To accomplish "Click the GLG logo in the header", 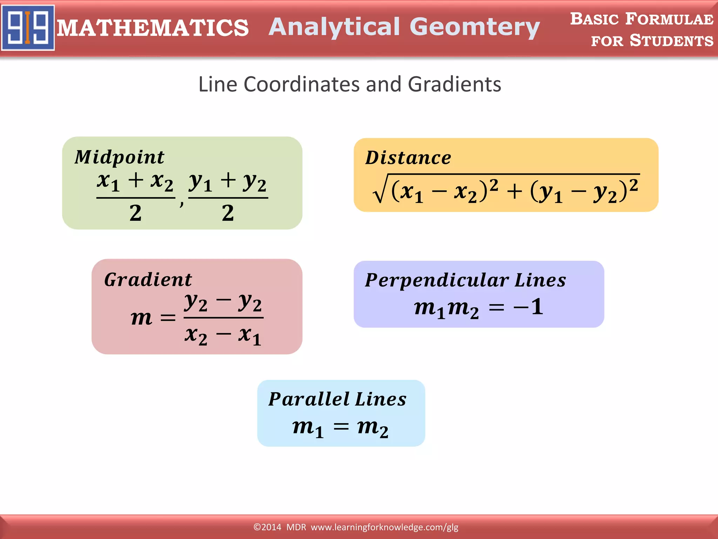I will click(28, 27).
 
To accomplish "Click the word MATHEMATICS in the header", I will click(153, 28).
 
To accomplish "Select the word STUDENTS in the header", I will click(671, 41).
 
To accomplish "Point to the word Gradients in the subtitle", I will click(454, 85).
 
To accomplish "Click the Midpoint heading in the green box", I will click(120, 157).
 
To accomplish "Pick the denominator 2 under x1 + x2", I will click(135, 213).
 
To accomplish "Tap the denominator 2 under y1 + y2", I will click(228, 213).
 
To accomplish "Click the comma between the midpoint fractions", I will click(181, 203).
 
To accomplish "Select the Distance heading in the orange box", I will click(408, 158).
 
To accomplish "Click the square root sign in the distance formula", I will click(380, 189).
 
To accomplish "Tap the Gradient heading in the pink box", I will click(148, 280).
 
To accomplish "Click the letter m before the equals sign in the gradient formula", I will click(141, 318).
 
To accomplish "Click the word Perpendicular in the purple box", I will click(437, 280).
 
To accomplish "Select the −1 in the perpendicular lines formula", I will click(529, 307).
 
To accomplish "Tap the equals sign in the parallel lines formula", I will click(341, 427).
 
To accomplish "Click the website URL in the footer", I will click(384, 527).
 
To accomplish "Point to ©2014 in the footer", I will click(267, 527).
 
